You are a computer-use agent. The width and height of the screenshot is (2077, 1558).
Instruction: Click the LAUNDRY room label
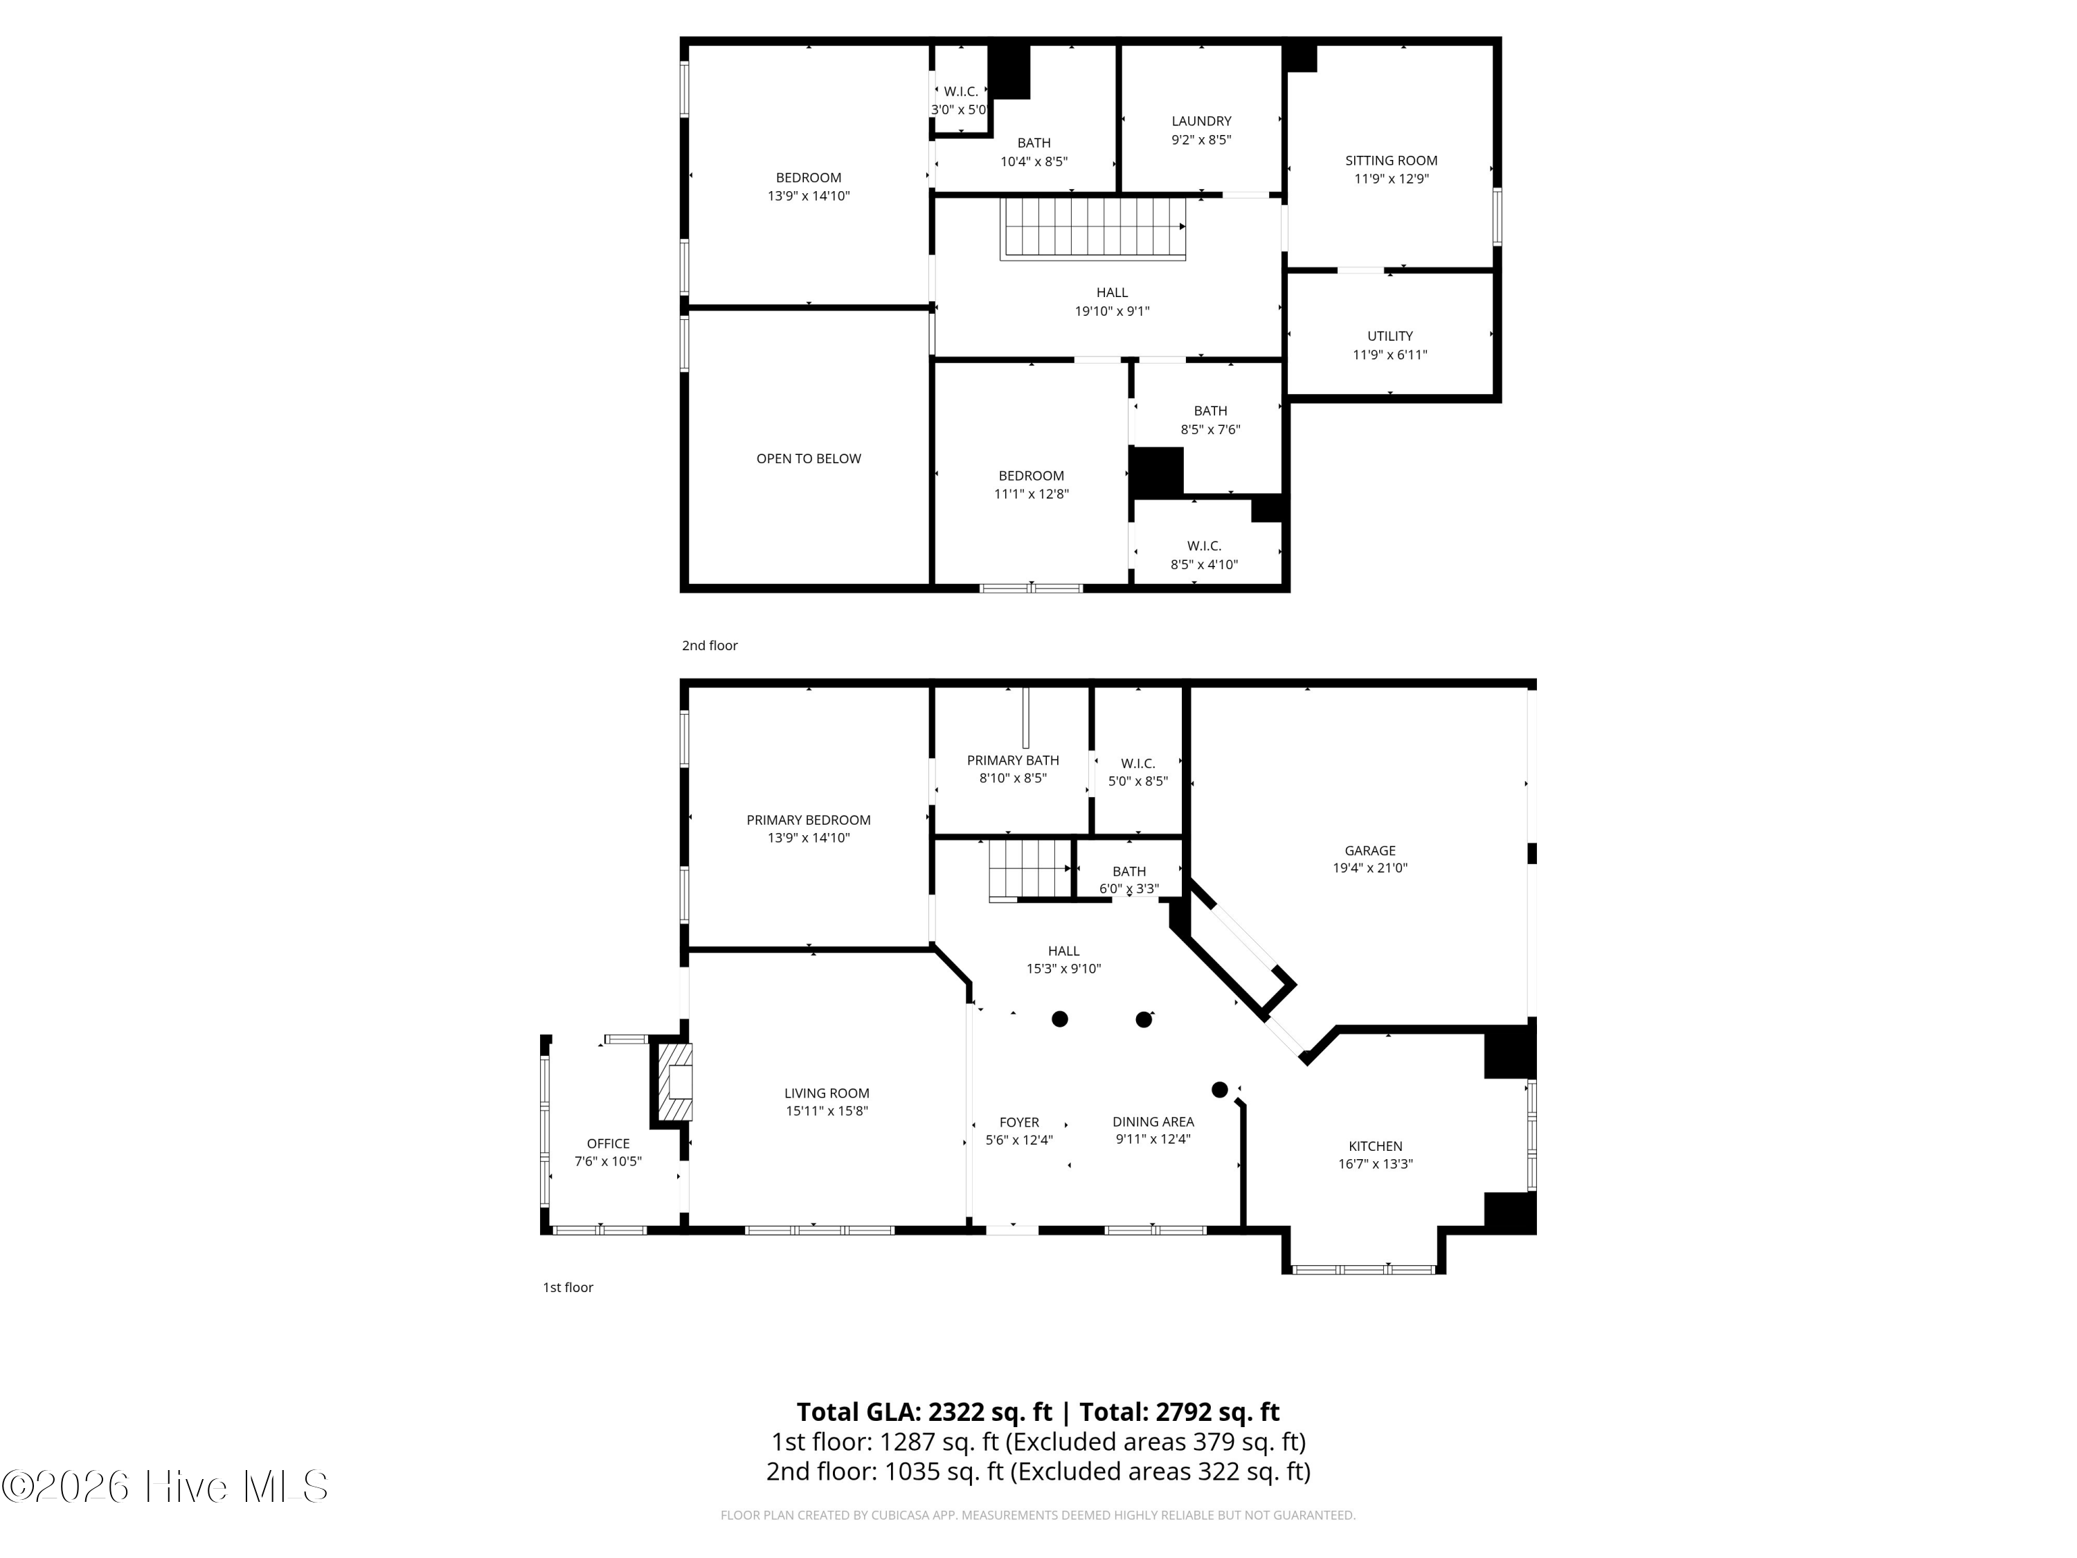pos(1201,121)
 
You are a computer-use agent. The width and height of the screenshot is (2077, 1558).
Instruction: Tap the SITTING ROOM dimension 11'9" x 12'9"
pos(1391,179)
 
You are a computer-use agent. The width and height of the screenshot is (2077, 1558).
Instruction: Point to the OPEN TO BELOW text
pos(809,458)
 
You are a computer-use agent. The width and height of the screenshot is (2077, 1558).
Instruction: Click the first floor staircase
pos(1030,869)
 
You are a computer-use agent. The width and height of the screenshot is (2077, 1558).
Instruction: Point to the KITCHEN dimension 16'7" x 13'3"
pos(1375,1163)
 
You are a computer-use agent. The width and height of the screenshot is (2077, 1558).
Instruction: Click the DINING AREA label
pos(1153,1121)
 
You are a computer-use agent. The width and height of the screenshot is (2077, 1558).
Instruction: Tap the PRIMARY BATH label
pos(1012,760)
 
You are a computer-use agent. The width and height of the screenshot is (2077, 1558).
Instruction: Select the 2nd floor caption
pos(709,645)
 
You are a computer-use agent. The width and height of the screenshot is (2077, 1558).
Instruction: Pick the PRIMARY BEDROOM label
pos(809,820)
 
